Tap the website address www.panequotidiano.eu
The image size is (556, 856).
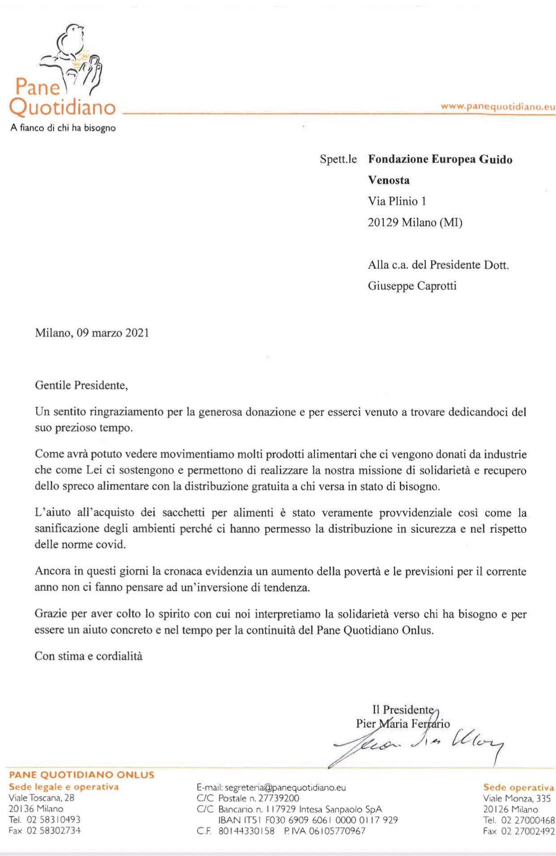497,106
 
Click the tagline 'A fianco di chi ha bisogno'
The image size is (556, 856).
63,128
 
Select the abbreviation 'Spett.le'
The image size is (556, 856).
338,159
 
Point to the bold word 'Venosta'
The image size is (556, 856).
389,180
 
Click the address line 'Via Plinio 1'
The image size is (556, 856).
397,201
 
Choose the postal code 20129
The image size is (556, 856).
383,222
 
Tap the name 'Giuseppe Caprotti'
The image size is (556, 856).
412,285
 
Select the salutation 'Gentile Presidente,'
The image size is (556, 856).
81,385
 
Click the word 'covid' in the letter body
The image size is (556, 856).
114,545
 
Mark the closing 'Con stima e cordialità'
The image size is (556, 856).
88,656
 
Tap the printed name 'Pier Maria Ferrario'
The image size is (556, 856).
402,724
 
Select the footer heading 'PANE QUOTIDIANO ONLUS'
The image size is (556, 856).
81,775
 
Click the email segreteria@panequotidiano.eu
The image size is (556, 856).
285,788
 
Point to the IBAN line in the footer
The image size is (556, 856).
308,820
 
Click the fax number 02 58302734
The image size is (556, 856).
54,831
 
